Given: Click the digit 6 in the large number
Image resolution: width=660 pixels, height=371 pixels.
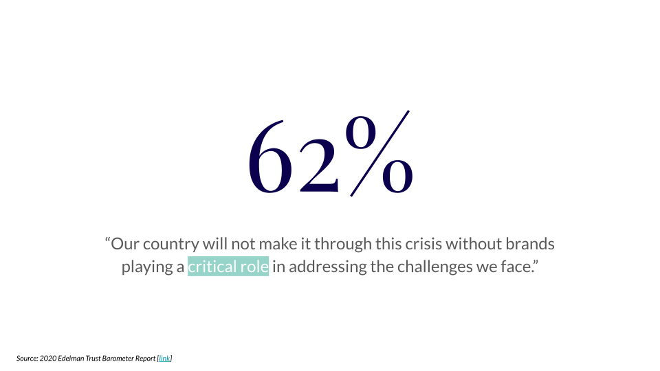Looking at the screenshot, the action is [x=269, y=157].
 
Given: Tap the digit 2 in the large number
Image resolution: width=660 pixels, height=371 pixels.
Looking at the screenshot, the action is [x=318, y=166].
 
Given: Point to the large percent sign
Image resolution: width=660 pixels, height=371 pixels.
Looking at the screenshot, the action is [x=378, y=153].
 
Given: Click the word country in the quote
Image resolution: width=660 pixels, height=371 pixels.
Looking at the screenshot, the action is [x=171, y=244].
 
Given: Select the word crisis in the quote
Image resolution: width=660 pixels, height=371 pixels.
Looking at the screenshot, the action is [x=423, y=243].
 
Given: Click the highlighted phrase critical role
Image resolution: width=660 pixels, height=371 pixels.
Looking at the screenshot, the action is [x=228, y=267].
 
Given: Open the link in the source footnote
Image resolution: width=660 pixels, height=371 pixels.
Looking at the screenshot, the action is [x=164, y=359].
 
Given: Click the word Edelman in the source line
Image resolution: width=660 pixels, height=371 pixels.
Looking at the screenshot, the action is [x=71, y=359].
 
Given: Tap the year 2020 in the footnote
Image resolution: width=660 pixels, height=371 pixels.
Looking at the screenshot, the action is [x=48, y=359].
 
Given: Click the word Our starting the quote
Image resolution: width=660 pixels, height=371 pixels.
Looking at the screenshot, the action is [x=125, y=244].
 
